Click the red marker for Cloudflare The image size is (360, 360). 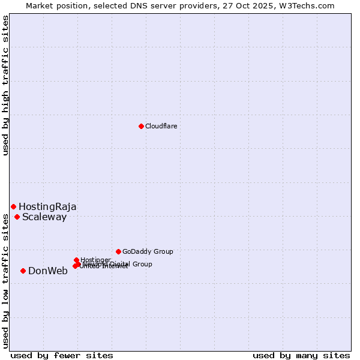point(141,126)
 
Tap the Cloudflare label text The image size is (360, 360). point(161,126)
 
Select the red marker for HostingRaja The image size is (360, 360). point(13,206)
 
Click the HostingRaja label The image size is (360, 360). point(47,206)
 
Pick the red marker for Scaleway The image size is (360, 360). point(17,217)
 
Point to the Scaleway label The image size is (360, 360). point(44,217)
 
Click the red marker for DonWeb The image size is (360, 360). point(23,271)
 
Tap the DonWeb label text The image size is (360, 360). point(48,271)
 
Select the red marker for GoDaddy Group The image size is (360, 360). point(118,251)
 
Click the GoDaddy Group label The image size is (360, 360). point(148,251)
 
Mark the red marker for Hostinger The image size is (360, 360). point(76,260)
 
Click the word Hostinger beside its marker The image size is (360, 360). point(96,260)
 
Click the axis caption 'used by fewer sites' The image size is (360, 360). point(62,355)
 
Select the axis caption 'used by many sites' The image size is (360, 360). point(301,355)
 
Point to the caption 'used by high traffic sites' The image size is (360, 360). point(5,85)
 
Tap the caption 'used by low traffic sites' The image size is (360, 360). point(5,280)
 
